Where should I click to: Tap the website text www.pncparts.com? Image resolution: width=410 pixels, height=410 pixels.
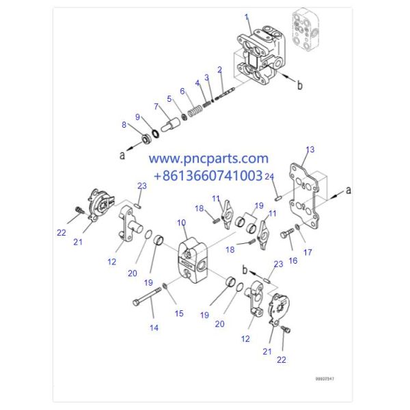pos(208,159)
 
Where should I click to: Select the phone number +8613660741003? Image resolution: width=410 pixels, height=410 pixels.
pos(208,176)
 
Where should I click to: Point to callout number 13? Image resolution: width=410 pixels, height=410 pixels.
pos(310,149)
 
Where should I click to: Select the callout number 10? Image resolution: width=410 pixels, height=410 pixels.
pos(181,223)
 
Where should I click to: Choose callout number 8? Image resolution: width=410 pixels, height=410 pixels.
pos(124,124)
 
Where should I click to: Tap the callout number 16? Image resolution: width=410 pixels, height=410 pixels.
pos(292,261)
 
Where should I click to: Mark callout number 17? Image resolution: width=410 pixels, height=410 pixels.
pos(307,252)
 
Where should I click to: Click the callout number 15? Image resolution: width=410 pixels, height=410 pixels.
pos(179,314)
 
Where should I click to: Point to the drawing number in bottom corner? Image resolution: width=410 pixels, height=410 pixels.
pos(325,378)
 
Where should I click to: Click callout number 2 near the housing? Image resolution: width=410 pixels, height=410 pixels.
pos(219,70)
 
